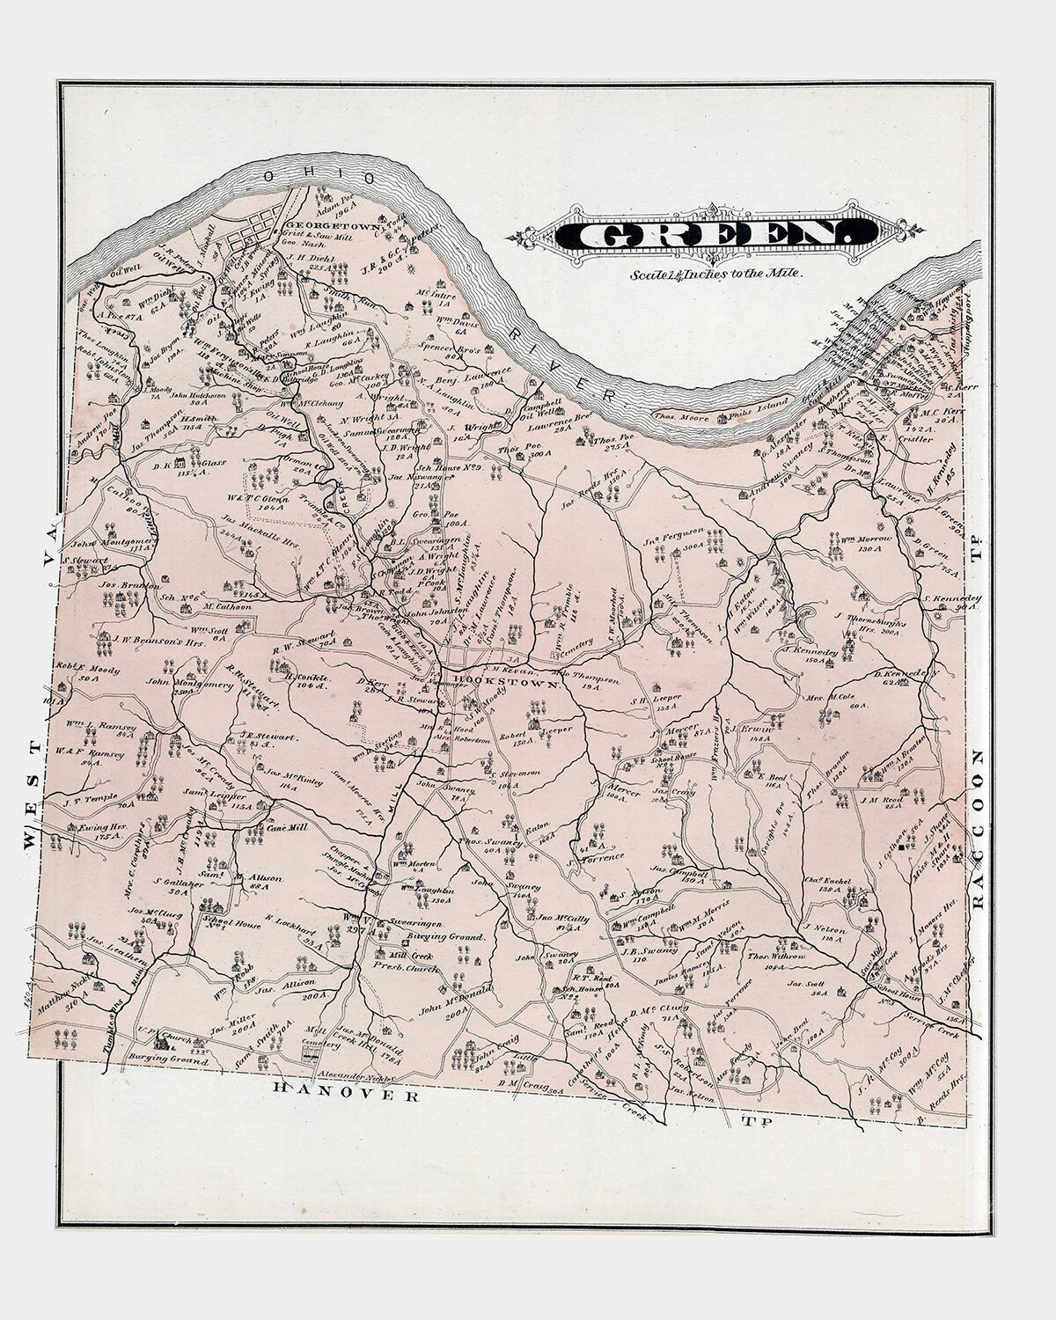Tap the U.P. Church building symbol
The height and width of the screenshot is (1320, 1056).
[x=161, y=1044]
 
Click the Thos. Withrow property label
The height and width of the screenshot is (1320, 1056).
[x=777, y=961]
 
